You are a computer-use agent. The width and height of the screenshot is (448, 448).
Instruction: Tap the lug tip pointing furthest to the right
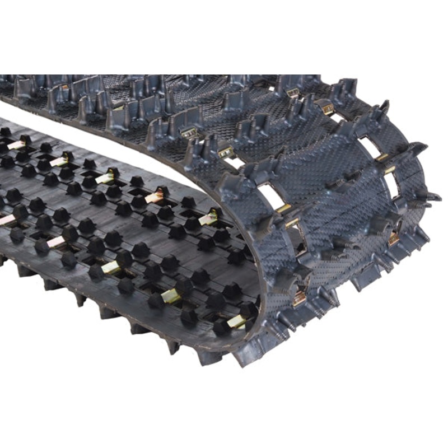[436, 197]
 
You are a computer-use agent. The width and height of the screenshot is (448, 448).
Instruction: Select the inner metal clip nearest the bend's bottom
[237, 321]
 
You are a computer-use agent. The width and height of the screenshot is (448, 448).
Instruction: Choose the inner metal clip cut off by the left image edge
[4, 220]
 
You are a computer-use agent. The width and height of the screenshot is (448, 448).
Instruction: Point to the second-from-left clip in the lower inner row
[56, 241]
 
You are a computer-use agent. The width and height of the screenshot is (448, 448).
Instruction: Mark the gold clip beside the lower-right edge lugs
[394, 238]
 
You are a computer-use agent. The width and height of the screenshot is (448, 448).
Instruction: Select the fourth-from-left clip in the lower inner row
[171, 296]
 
